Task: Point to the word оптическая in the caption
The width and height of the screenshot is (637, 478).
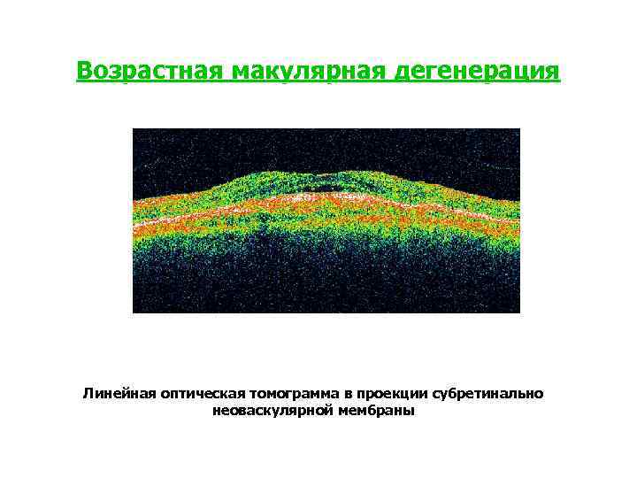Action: click(x=200, y=393)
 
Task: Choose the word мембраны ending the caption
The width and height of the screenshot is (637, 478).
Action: click(x=375, y=411)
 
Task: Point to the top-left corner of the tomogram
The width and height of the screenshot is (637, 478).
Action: click(x=133, y=128)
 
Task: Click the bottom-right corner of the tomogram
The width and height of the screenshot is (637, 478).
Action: click(x=520, y=312)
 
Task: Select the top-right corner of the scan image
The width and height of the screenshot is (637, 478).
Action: click(x=520, y=128)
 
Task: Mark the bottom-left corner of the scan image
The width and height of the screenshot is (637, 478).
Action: click(x=133, y=312)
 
